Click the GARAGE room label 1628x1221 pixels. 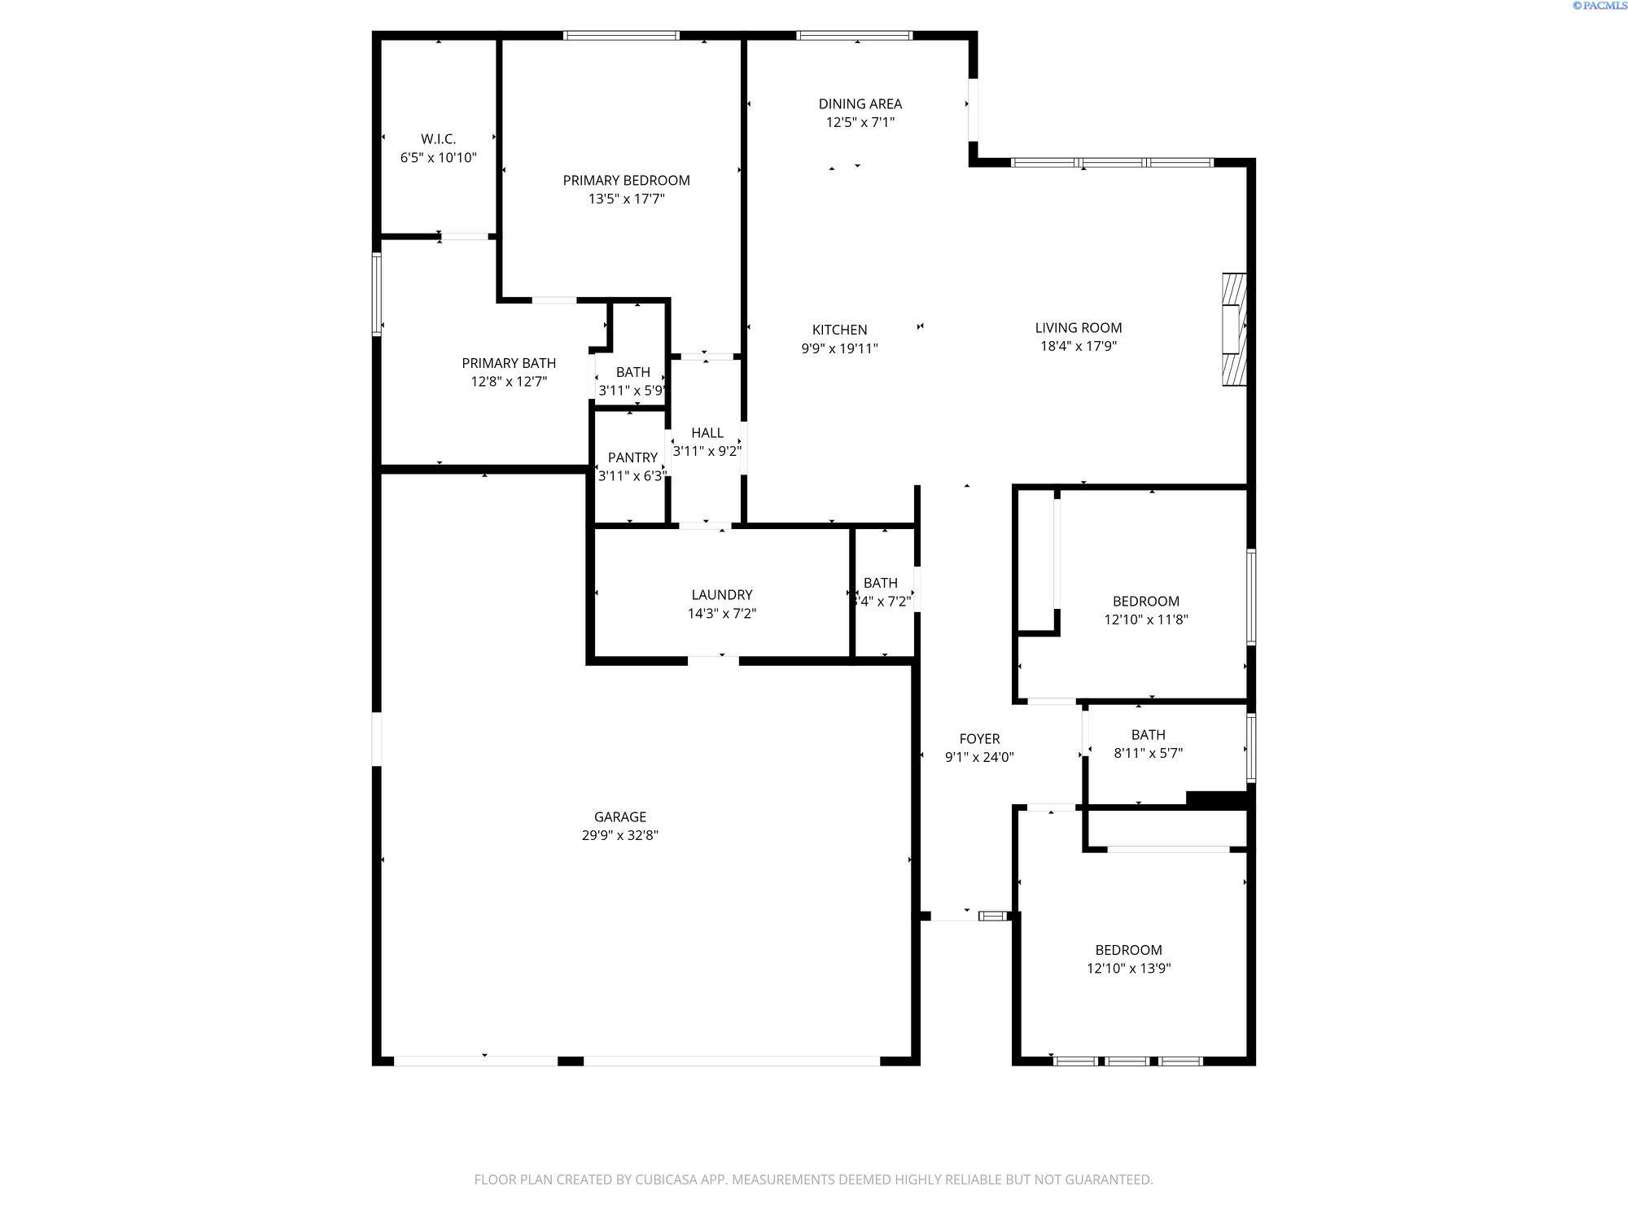click(619, 816)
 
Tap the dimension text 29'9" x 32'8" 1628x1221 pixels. click(619, 835)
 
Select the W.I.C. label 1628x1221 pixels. click(438, 139)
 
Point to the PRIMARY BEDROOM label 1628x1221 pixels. click(626, 180)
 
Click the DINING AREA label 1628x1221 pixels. click(860, 103)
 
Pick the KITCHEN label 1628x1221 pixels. click(839, 330)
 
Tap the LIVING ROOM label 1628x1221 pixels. click(1078, 327)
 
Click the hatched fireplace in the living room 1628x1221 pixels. click(1234, 329)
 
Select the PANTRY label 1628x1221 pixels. click(632, 457)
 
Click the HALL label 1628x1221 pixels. click(707, 433)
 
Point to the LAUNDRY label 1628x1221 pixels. click(721, 595)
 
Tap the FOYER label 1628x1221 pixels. click(978, 738)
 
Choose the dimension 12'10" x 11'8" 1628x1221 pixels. click(1145, 619)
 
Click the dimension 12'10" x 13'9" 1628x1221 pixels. click(1128, 969)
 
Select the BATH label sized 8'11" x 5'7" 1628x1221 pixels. click(1148, 734)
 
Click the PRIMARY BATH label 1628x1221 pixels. click(509, 363)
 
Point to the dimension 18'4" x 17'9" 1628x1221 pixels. click(1078, 346)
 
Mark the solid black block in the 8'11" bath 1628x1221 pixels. click(1216, 799)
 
